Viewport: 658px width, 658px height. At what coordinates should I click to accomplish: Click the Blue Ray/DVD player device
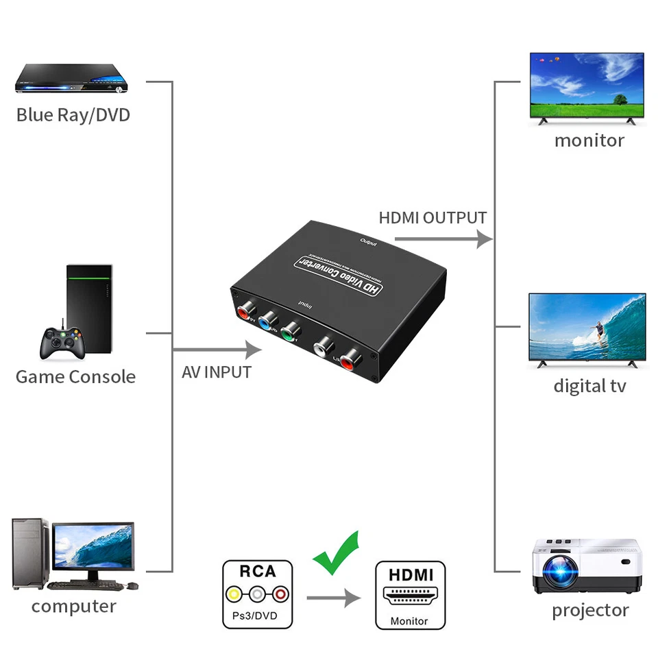(72, 80)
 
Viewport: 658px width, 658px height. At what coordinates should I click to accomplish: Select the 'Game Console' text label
(75, 376)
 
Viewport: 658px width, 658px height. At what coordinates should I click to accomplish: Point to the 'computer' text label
(73, 607)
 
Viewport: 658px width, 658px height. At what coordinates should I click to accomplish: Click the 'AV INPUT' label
(217, 372)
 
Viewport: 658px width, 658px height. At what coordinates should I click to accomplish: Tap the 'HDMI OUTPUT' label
(432, 218)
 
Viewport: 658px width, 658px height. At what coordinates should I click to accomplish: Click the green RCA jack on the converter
(291, 329)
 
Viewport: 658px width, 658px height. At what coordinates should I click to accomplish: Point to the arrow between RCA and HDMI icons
(333, 598)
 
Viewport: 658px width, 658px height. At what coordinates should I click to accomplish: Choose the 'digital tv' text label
(589, 386)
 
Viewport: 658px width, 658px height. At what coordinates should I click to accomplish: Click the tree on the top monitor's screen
(620, 99)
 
